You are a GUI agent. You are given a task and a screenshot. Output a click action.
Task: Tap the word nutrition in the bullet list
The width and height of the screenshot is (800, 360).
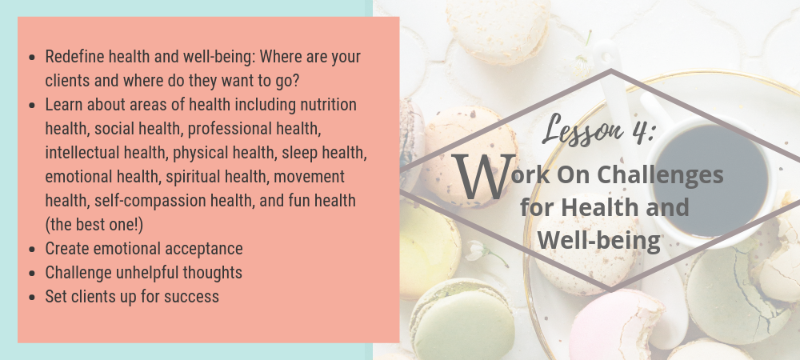[x=328, y=105]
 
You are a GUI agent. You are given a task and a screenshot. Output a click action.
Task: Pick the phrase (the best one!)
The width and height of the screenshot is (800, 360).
[x=94, y=225]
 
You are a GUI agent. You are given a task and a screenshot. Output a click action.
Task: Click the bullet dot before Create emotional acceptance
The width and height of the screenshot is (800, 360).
[x=32, y=250]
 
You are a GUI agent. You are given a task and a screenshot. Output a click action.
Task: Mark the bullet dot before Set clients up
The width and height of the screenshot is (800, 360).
[x=32, y=298]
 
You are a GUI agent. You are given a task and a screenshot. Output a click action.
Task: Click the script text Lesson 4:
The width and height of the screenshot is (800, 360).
[x=598, y=129]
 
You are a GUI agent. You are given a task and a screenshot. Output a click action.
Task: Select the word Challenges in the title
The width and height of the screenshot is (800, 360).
[x=660, y=175]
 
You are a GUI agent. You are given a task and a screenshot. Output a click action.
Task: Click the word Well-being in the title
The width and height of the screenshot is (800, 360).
[x=599, y=240]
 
